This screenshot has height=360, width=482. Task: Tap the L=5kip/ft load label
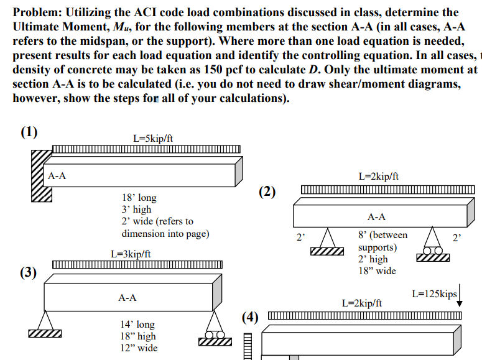pos(153,137)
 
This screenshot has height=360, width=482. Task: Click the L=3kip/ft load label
pos(130,254)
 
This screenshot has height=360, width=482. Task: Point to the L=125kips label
pos(434,293)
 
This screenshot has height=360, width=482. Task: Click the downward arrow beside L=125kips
pos(460,297)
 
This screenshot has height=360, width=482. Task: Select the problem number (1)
pos(29,132)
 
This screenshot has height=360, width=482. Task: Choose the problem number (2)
pos(267,191)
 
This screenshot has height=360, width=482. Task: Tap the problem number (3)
pos(29,272)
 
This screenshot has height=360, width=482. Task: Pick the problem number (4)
pos(249,317)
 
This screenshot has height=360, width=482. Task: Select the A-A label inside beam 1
pos(57,176)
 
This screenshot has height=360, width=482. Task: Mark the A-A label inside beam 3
pos(127,298)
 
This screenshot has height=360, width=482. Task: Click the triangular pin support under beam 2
pos(327,244)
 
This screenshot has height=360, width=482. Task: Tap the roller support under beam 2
pos(433,244)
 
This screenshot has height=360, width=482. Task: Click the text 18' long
pos(139,198)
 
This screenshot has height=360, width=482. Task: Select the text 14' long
pos(137,325)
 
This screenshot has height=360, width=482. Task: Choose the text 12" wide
pos(139,348)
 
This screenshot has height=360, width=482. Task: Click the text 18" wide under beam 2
pos(377,271)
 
